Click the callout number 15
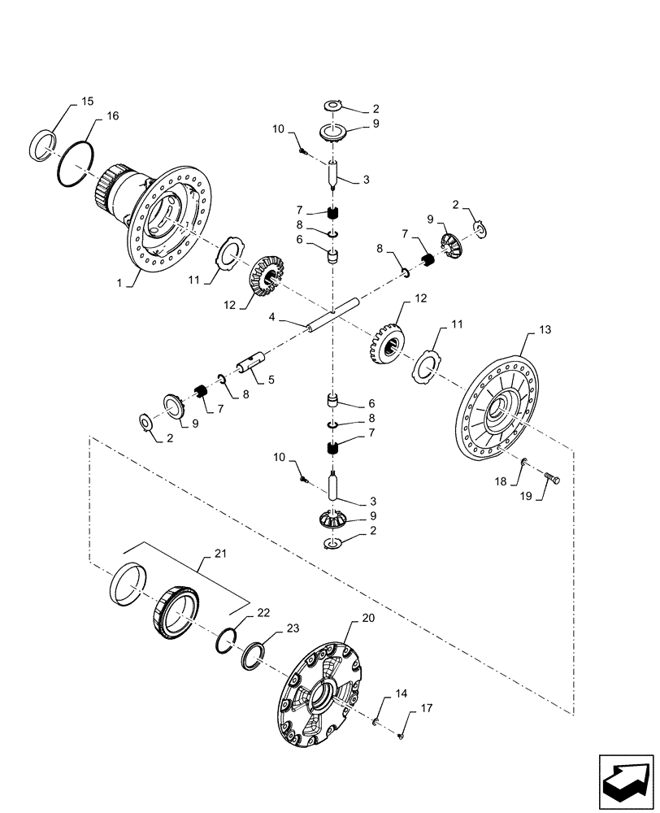(87, 102)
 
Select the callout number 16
(112, 116)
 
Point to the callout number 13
(544, 331)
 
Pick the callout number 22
(263, 612)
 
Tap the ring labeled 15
(45, 146)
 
